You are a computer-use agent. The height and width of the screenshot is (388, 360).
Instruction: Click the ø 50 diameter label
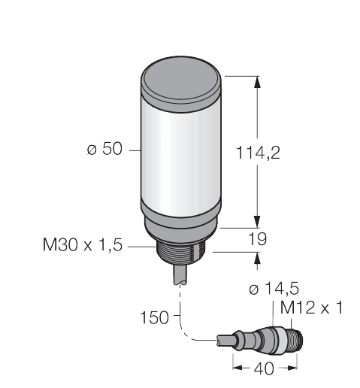tap(104, 150)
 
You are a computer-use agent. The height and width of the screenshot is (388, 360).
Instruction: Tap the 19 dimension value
tap(258, 239)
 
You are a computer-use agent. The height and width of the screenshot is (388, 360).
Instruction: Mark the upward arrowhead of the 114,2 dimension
tap(258, 82)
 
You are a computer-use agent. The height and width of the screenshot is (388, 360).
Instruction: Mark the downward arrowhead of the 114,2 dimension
tap(258, 220)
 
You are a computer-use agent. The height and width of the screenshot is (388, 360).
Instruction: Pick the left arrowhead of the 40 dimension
tap(237, 367)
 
